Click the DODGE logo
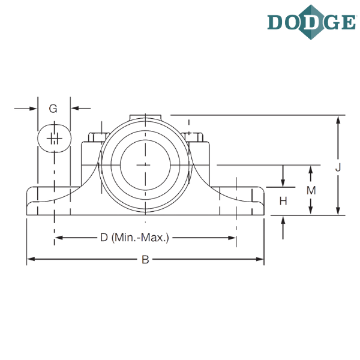pyautogui.click(x=311, y=22)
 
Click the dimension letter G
pyautogui.click(x=53, y=109)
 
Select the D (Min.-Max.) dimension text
pyautogui.click(x=135, y=238)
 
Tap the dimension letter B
pyautogui.click(x=145, y=260)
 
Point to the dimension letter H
pyautogui.click(x=283, y=202)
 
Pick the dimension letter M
pyautogui.click(x=311, y=190)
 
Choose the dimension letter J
pyautogui.click(x=338, y=169)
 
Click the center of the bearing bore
pyautogui.click(x=145, y=163)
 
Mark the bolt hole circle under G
pyautogui.click(x=54, y=139)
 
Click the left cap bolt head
pyautogui.click(x=96, y=138)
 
